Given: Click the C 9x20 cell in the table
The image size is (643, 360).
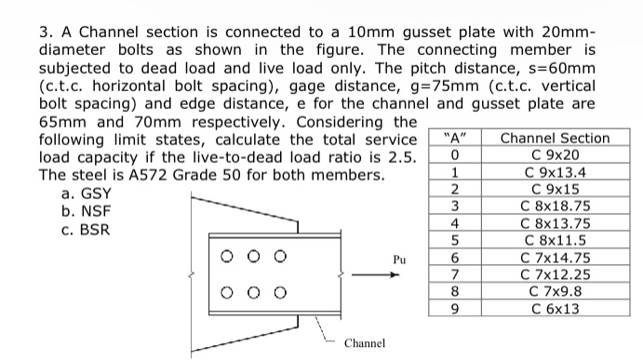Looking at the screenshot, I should click(x=555, y=154).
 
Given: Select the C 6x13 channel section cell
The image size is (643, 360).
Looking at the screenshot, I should click(x=555, y=309).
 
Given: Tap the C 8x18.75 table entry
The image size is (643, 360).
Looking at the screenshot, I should click(x=555, y=206).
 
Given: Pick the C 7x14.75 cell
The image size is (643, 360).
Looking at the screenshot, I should click(x=555, y=258).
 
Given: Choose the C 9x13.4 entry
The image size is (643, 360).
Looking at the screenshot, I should click(x=555, y=171).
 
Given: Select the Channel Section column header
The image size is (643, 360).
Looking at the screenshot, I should click(x=555, y=138).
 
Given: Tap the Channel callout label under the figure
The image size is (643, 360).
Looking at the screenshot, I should click(x=364, y=343).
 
